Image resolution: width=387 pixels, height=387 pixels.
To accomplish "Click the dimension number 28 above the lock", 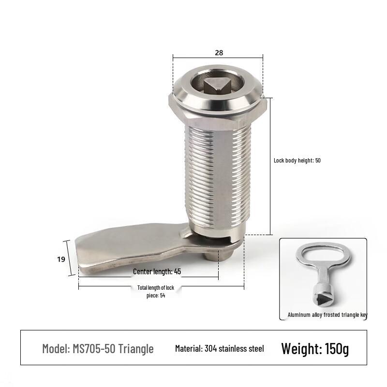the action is pos(219,53).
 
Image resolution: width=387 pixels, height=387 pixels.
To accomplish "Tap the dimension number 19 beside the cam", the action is pos(61,259).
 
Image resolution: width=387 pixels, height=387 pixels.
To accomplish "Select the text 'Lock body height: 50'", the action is pos(297,161).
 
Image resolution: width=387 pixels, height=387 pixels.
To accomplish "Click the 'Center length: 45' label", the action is pos(157,271).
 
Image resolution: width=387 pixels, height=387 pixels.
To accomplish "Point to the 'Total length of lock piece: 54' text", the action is pos(156,292).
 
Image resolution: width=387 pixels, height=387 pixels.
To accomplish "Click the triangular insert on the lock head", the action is pos(217,86).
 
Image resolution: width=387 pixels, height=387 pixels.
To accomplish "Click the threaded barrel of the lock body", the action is pos(218,178).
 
